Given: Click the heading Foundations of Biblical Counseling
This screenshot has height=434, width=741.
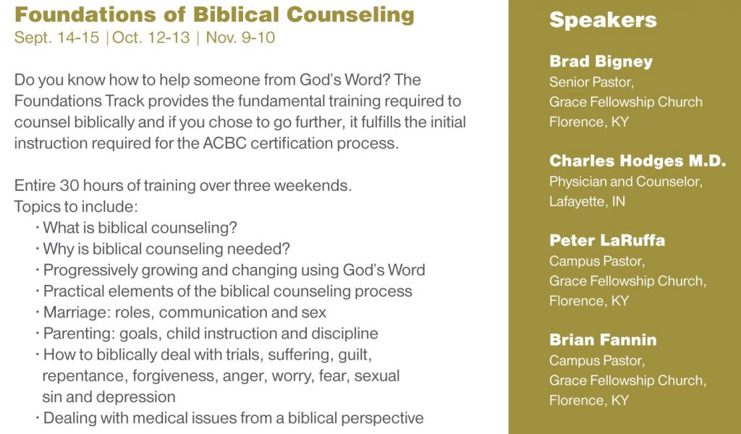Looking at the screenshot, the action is pos(214,14).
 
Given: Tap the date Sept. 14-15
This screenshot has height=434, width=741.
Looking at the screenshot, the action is pos(56,38).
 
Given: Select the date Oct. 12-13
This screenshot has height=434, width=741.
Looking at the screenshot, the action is pos(151,38).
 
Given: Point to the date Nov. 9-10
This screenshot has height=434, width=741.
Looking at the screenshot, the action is pos(240,38).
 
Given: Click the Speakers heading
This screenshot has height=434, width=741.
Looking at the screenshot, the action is pos(603,20).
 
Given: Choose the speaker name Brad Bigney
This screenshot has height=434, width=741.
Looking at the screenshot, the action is pos(601,61).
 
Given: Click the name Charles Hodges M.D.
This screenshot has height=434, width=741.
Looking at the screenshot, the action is pos(638,161).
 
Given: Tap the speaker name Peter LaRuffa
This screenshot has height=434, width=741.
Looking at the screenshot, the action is pos(607,240).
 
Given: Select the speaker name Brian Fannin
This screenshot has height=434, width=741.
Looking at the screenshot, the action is pos(603,339).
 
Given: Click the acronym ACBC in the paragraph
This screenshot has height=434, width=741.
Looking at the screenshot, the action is pos(224,143).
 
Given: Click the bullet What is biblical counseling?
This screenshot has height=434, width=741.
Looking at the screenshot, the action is pos(140,228).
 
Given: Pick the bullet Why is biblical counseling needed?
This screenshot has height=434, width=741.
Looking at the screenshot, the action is pos(166,249).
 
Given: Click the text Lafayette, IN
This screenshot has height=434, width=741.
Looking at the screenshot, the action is pos(587,202).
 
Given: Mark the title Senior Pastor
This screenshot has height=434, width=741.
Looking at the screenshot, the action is pos(591,82).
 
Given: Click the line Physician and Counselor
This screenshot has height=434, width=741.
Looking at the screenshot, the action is pos(626,182).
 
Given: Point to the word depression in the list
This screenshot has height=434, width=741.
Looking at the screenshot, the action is pos(142,397).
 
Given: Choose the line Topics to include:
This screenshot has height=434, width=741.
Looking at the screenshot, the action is pos(76,207).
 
